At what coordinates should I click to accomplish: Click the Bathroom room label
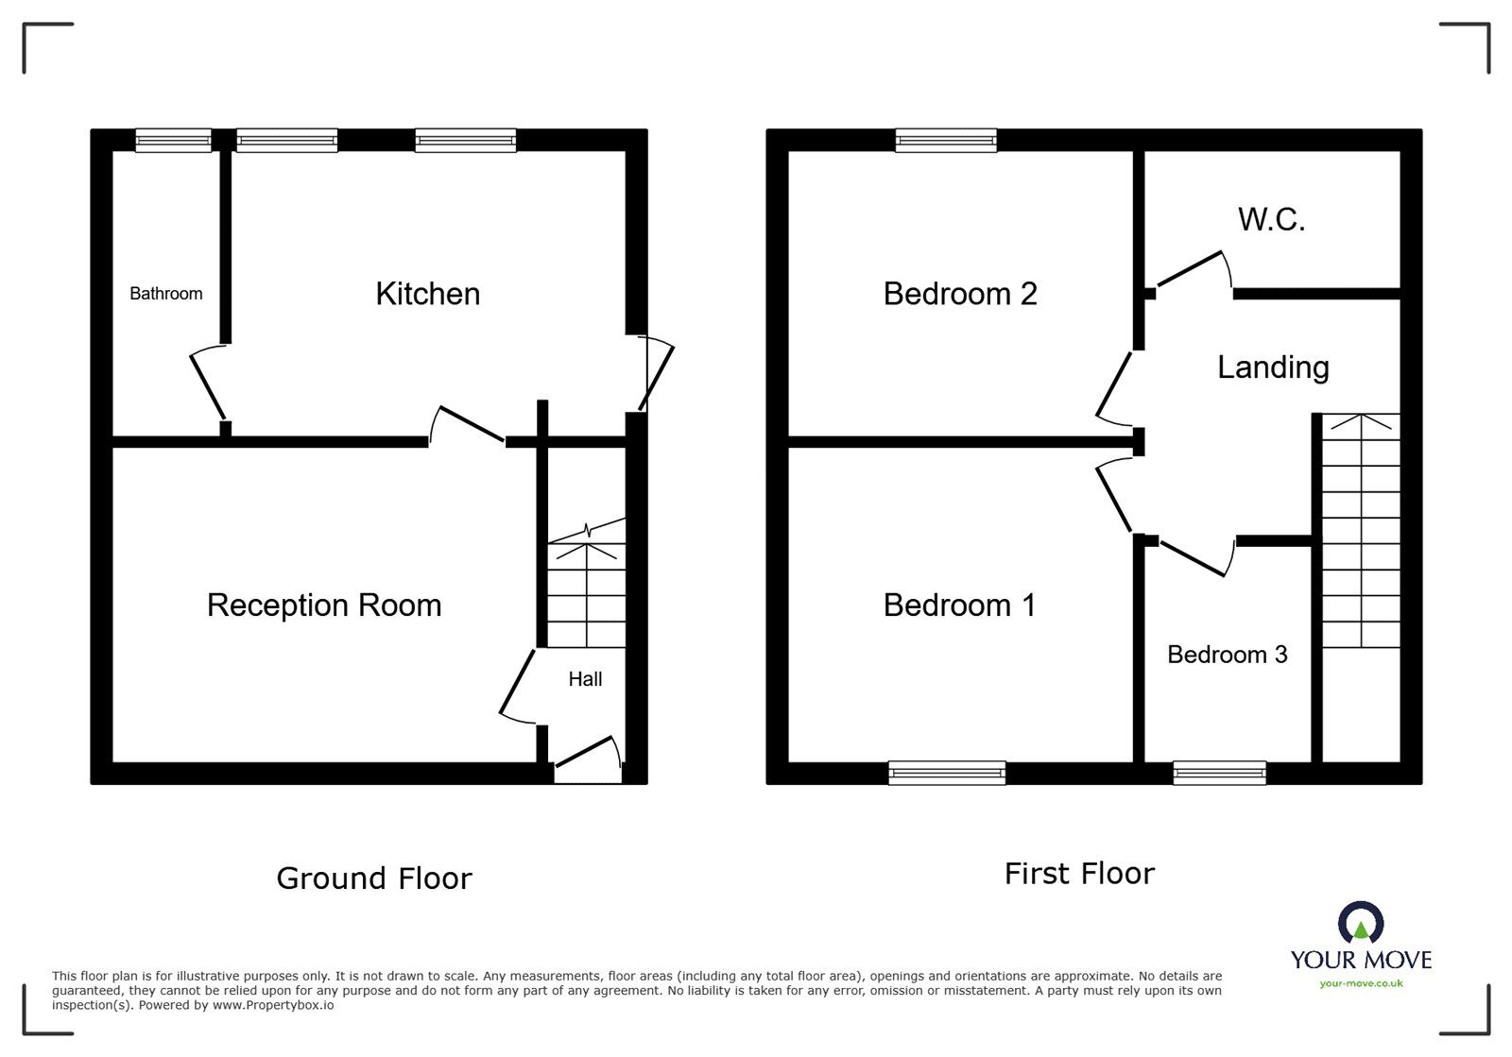[x=166, y=294]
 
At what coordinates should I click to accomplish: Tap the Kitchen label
[x=428, y=294]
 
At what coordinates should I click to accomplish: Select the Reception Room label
[x=324, y=605]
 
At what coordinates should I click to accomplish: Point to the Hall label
[x=585, y=679]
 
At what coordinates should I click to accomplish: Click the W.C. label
[x=1272, y=219]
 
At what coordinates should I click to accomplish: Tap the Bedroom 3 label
[x=1228, y=655]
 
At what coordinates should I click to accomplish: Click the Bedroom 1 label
[x=959, y=605]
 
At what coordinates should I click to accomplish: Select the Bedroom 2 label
[x=960, y=294]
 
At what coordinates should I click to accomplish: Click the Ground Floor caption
[x=374, y=878]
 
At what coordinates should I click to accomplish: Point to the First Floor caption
[x=1079, y=874]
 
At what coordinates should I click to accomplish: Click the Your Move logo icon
[x=1361, y=922]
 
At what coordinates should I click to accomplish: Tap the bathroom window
[x=174, y=141]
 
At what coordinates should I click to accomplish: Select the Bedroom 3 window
[x=1219, y=773]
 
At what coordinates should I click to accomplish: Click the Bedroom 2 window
[x=946, y=141]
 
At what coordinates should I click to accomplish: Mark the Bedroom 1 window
[x=947, y=773]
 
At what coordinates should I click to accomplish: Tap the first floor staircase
[x=1361, y=531]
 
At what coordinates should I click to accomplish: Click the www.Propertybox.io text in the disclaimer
[x=273, y=1006]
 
